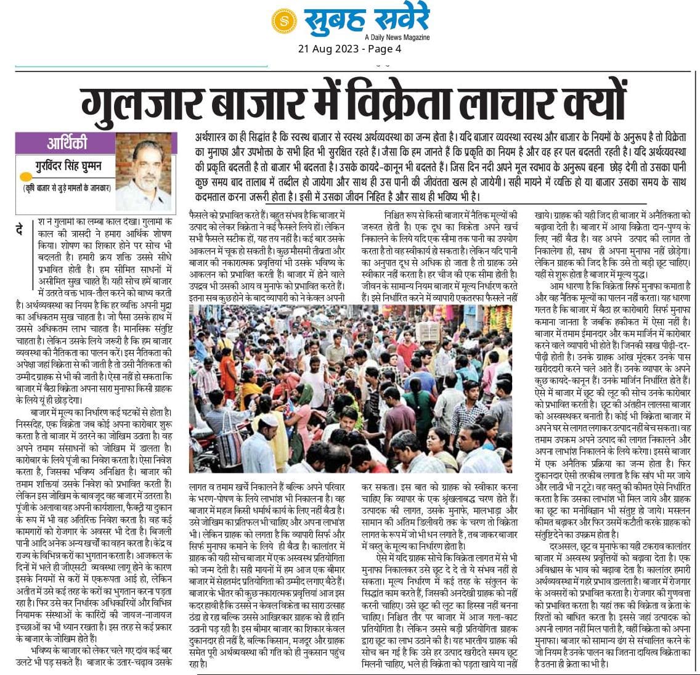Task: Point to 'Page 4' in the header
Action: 383,49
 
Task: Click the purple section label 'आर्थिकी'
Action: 67,144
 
